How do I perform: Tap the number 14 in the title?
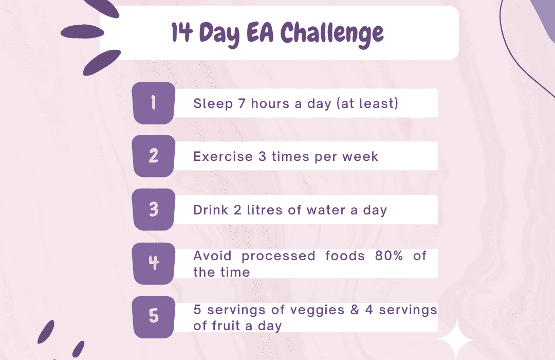point(182,32)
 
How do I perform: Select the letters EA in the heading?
point(260,32)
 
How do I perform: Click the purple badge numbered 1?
point(154,103)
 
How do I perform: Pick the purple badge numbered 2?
point(154,156)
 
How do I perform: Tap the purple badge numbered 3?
point(154,209)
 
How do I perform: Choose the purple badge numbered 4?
point(154,263)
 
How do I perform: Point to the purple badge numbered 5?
point(154,317)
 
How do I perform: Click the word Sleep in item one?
point(213,104)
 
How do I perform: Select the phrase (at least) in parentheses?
point(367,103)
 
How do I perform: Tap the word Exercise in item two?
point(223,156)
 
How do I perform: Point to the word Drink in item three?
point(211,210)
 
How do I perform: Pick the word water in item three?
point(326,210)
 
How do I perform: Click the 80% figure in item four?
point(388,256)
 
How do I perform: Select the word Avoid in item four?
point(212,256)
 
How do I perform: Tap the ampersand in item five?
point(355,310)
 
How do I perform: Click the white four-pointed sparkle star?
point(457,340)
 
